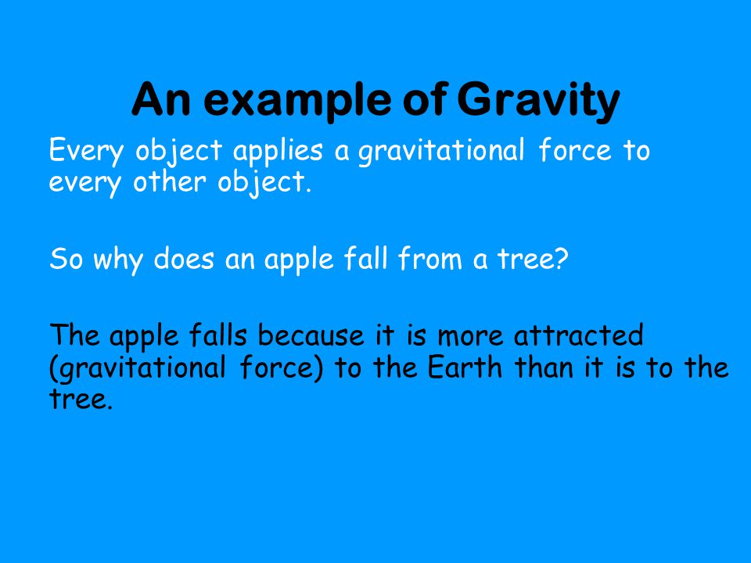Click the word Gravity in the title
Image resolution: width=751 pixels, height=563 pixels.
[538, 102]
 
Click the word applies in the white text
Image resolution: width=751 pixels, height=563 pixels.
[278, 152]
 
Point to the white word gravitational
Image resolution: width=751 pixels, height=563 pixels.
[441, 152]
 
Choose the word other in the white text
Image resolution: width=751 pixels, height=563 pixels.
[170, 182]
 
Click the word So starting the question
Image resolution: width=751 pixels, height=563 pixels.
[66, 259]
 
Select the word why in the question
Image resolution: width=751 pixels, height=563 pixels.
[118, 261]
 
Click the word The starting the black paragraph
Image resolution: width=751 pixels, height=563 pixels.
[75, 335]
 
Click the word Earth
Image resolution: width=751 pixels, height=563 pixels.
[464, 368]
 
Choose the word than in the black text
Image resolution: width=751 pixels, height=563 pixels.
[544, 368]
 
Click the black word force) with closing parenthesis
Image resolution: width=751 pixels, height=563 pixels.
[282, 368]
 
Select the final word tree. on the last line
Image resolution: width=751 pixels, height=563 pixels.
[81, 400]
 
